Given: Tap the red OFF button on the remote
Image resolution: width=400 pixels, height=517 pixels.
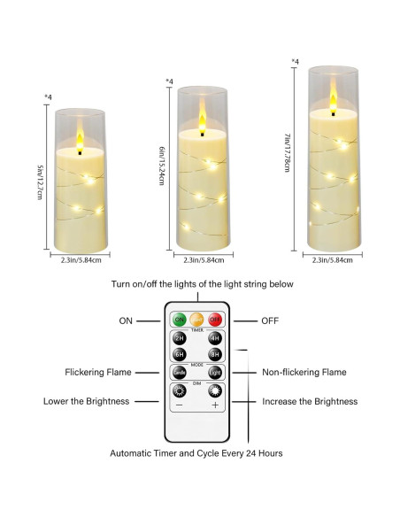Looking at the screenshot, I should coord(213,319).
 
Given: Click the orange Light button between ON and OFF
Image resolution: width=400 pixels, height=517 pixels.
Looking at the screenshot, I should coord(196,319).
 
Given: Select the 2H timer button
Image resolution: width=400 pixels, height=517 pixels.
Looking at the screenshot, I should coord(180,338).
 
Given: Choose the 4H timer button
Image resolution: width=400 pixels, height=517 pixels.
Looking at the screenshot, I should coord(213,338).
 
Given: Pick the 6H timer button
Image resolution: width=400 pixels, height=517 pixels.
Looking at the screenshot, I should coord(180,354).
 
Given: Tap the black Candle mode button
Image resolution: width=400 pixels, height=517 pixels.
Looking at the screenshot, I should coord(180,373).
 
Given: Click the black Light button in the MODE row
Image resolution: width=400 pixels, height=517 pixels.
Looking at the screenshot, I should coord(213,373).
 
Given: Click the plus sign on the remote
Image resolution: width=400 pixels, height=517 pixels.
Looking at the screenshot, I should coord(214,405).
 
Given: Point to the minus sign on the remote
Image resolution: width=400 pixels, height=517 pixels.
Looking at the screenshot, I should coord(180,405).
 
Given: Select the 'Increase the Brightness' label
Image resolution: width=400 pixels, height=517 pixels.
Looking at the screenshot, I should coord(310,401).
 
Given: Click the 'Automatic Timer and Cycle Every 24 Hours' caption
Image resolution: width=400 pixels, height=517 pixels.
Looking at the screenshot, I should coord(196,453).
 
